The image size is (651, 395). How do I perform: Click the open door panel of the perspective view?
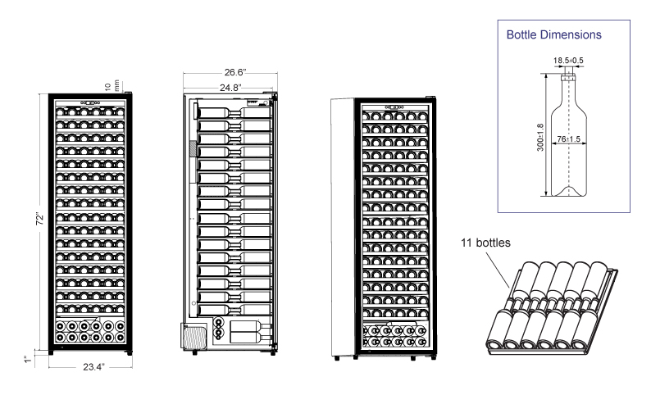pos(340,225)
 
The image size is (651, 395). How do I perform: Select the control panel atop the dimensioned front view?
pos(89,103)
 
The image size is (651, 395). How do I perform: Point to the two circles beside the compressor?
pos(217,327)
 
